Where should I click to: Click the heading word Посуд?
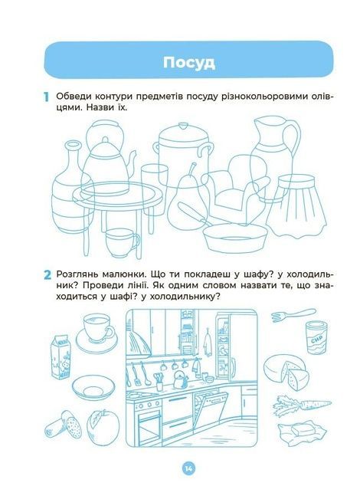pos(189,63)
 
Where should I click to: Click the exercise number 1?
pos(47,97)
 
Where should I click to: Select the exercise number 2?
pos(47,275)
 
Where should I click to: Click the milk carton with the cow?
pos(61,356)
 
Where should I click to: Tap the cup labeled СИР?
pos(317,338)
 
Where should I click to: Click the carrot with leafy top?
pos(301,405)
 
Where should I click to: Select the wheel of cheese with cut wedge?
pos(286,372)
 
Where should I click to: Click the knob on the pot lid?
pos(183,126)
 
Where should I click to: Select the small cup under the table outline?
pos(122,242)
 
